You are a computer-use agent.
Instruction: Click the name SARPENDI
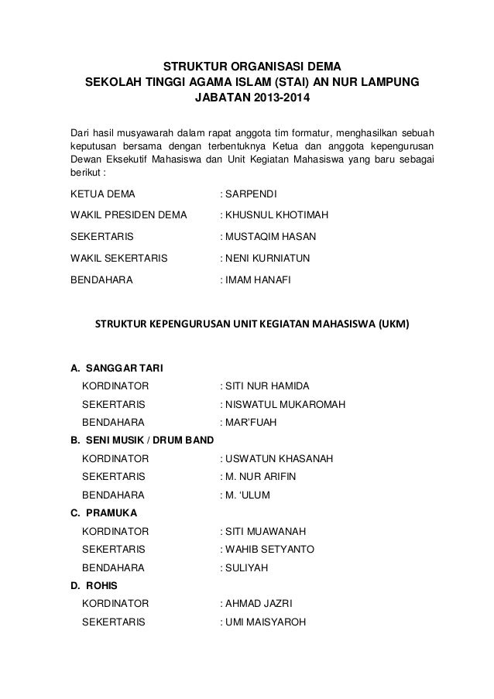[252, 193]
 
